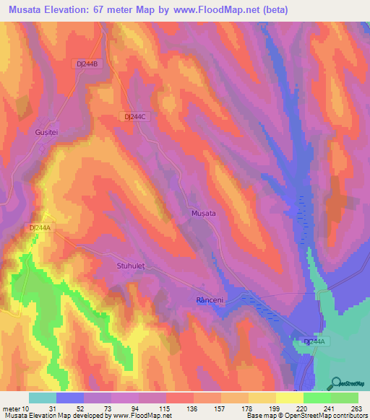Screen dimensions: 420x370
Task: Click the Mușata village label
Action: [203, 214]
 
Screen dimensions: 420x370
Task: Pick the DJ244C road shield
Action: [135, 116]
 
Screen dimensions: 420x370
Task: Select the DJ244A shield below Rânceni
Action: [316, 341]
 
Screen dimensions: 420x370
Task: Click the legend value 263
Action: [356, 408]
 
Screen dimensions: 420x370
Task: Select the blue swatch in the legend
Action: [69, 398]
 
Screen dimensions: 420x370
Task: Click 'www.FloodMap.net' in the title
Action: [238, 9]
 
